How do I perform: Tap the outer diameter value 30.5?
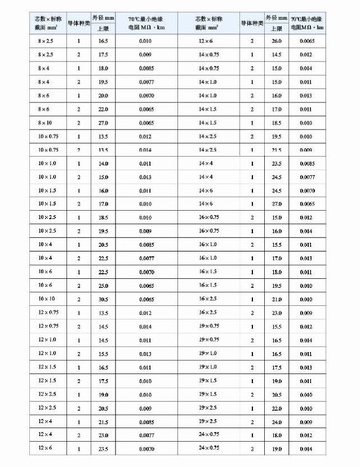pyautogui.click(x=103, y=299)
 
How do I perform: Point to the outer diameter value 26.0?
pyautogui.click(x=277, y=41)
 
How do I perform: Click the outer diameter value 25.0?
pyautogui.click(x=103, y=286)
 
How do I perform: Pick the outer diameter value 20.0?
pyautogui.click(x=103, y=96)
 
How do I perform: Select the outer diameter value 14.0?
pyautogui.click(x=103, y=163)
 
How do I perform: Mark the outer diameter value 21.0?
pyautogui.click(x=277, y=299)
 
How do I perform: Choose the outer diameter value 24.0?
pyautogui.click(x=277, y=421)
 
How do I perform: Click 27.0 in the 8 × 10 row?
pyautogui.click(x=103, y=123)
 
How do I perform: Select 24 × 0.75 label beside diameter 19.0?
pyautogui.click(x=208, y=448)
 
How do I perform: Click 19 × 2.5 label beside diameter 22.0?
pyautogui.click(x=208, y=408)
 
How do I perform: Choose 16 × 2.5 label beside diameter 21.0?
pyautogui.click(x=208, y=299)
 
